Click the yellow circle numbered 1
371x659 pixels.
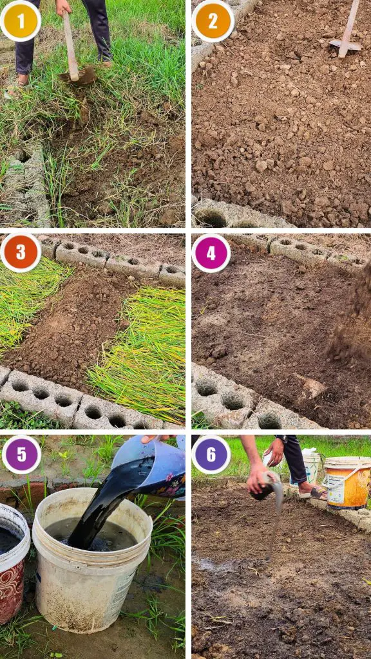tap(21, 21)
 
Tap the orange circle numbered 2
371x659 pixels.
tap(213, 21)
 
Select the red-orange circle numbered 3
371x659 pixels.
tap(21, 252)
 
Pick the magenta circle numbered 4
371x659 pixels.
tap(211, 253)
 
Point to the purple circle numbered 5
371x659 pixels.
tap(21, 454)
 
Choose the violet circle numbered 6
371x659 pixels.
tap(211, 454)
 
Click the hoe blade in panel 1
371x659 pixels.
tap(78, 76)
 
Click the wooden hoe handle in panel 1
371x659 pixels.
tap(70, 44)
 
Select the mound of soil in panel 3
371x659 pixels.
tap(70, 323)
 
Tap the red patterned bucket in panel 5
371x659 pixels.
tap(13, 563)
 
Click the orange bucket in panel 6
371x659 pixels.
tap(347, 482)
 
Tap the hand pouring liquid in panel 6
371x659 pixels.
tap(257, 478)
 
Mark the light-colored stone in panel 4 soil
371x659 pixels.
tap(312, 386)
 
